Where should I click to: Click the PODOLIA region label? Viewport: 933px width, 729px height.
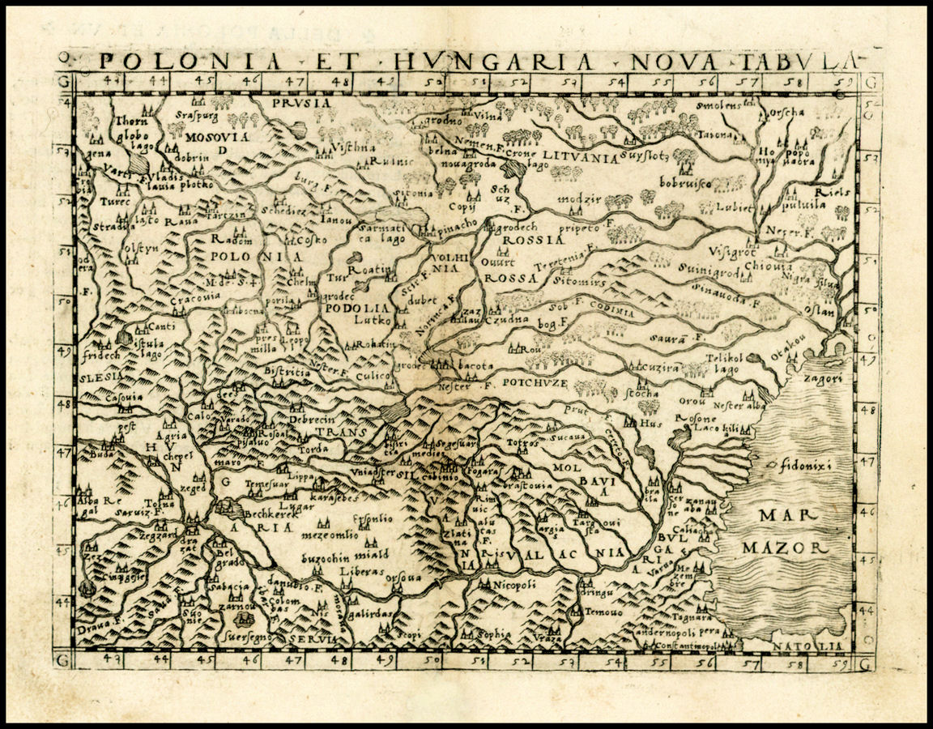356,308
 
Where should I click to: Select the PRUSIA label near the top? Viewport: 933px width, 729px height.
303,103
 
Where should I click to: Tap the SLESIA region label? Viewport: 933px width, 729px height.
100,377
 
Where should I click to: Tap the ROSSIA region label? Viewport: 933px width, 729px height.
532,240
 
